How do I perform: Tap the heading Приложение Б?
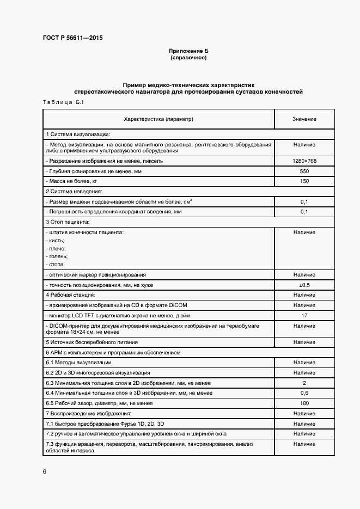coord(188,51)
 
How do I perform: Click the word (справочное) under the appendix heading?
coord(188,57)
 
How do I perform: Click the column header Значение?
coord(304,119)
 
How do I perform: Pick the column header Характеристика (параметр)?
coord(158,119)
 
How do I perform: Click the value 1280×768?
coord(304,161)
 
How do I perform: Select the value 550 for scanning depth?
coord(304,171)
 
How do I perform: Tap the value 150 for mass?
coord(304,181)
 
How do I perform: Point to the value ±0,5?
coord(304,285)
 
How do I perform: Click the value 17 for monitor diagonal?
coord(304,315)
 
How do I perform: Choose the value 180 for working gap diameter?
coord(304,403)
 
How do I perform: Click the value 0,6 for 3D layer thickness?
coord(304,393)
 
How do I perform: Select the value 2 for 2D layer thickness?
coord(304,383)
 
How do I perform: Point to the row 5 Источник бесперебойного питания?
coord(91,342)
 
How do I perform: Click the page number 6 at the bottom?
coord(44,471)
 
